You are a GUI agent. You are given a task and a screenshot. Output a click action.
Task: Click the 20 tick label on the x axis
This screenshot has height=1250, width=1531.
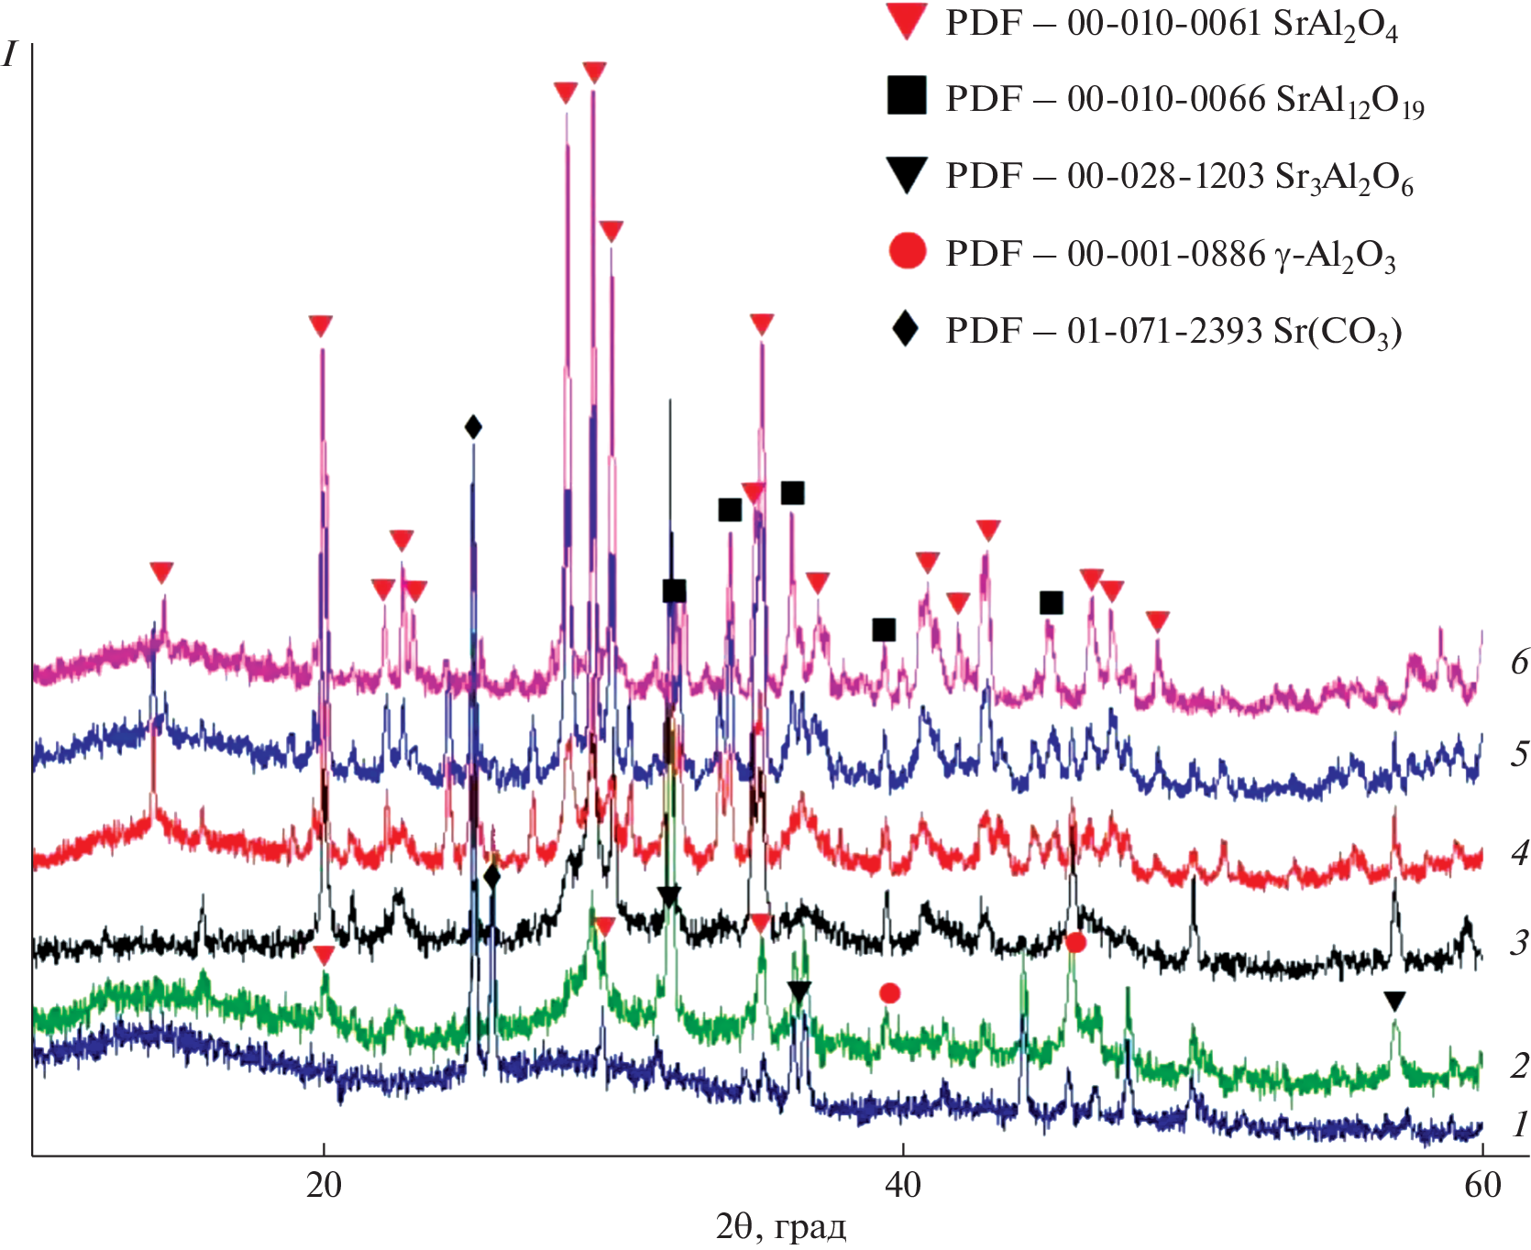323,1185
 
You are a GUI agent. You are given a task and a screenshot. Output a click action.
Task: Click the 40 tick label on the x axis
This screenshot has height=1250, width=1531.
903,1185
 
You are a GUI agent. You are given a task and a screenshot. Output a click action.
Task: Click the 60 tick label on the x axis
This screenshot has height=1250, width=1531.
1482,1185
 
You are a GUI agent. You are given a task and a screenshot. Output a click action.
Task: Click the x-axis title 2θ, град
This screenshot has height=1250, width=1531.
780,1225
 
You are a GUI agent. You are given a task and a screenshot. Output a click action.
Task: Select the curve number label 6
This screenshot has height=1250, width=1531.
1519,662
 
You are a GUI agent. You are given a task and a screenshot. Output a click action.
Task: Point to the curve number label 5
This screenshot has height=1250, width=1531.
1519,753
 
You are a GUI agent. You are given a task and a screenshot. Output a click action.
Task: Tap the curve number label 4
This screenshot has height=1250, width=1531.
1519,853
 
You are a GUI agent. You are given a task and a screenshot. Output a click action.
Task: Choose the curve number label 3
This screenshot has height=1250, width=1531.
1519,942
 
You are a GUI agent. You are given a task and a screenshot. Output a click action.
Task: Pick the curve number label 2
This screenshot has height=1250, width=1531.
1519,1066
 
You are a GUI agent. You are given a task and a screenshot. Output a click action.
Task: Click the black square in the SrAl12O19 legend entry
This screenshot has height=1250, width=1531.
907,96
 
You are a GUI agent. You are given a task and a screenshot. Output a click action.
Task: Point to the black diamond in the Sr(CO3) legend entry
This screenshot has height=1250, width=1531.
906,328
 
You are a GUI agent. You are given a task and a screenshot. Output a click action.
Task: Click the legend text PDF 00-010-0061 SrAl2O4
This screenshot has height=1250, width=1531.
1172,24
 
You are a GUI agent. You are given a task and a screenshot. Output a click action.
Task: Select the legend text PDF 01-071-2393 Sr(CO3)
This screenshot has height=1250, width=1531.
1173,330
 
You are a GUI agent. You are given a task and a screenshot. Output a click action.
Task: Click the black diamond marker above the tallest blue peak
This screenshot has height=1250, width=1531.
473,427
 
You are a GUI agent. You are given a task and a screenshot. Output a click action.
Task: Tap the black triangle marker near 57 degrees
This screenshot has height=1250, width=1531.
1394,1002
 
